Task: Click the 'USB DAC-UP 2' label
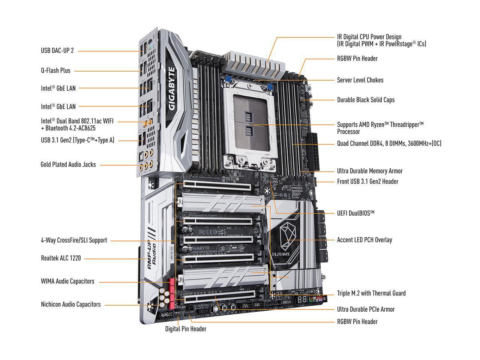tap(57, 50)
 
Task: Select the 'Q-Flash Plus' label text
tap(55, 70)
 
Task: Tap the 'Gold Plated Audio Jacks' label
tap(68, 165)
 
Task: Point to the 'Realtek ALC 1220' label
tap(61, 258)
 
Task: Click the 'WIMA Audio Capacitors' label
tap(67, 281)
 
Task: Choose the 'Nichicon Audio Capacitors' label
tap(70, 304)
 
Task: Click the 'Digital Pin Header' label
tap(186, 329)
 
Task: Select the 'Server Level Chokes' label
tap(360, 80)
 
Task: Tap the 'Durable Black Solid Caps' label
tap(366, 100)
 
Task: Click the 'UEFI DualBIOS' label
tap(355, 213)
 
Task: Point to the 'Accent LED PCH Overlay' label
tap(364, 240)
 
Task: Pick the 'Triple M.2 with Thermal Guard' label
tap(371, 293)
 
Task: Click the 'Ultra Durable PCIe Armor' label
tap(366, 309)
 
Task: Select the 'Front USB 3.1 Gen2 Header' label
tap(367, 181)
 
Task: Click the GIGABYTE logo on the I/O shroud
tap(172, 88)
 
